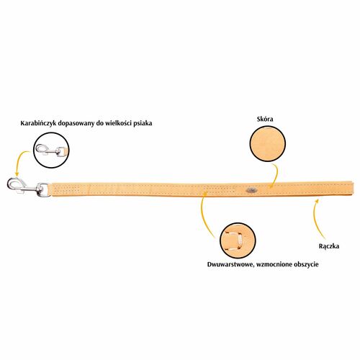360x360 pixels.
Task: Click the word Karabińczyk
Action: [x=39, y=124]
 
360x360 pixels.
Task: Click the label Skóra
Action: [x=265, y=119]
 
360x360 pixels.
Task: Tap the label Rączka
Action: [x=329, y=246]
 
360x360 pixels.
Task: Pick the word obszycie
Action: [x=305, y=264]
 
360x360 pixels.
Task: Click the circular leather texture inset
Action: [x=268, y=143]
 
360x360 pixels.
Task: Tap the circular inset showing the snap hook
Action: [x=51, y=150]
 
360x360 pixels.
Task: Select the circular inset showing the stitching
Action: [x=238, y=240]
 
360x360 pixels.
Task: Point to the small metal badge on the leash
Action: [x=251, y=190]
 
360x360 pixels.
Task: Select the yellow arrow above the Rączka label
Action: [x=315, y=216]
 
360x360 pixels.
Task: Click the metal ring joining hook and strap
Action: [x=44, y=189]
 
